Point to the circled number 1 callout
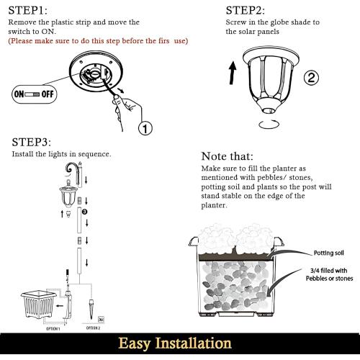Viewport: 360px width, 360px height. [x=145, y=129]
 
